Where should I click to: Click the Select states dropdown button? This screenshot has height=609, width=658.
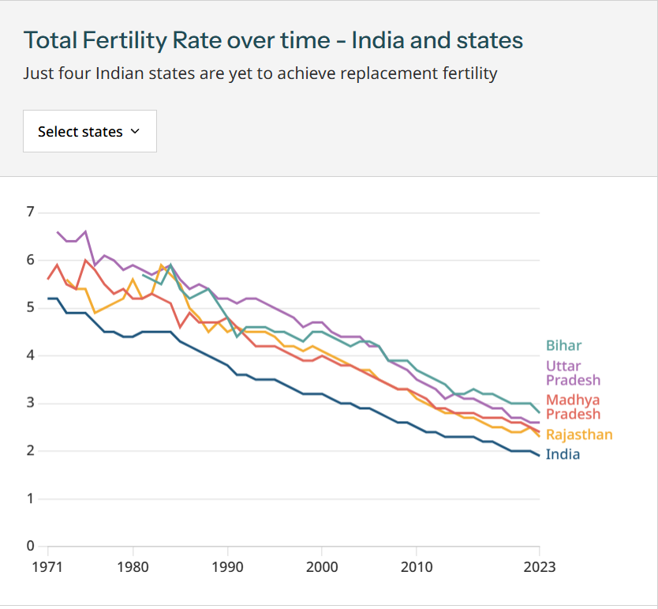90,131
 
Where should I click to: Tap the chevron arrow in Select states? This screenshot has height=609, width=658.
135,131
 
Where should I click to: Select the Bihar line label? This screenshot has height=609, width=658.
563,345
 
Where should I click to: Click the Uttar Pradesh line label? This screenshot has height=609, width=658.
573,373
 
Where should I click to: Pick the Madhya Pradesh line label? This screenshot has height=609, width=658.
573,407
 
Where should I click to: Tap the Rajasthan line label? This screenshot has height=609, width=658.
579,434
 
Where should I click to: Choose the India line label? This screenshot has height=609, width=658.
563,454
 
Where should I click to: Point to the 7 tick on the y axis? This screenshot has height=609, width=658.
30,212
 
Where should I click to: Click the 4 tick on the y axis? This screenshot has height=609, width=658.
30,355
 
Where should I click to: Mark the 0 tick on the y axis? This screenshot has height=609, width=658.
30,546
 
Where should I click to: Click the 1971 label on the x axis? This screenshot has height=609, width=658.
48,567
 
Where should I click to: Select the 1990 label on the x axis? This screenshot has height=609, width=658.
227,567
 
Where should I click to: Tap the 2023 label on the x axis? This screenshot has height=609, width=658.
539,567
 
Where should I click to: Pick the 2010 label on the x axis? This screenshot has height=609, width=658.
416,567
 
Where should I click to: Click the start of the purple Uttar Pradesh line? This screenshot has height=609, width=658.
58,232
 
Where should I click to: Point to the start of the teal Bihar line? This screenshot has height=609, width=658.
143,274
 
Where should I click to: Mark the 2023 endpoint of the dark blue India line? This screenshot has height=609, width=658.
539,456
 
